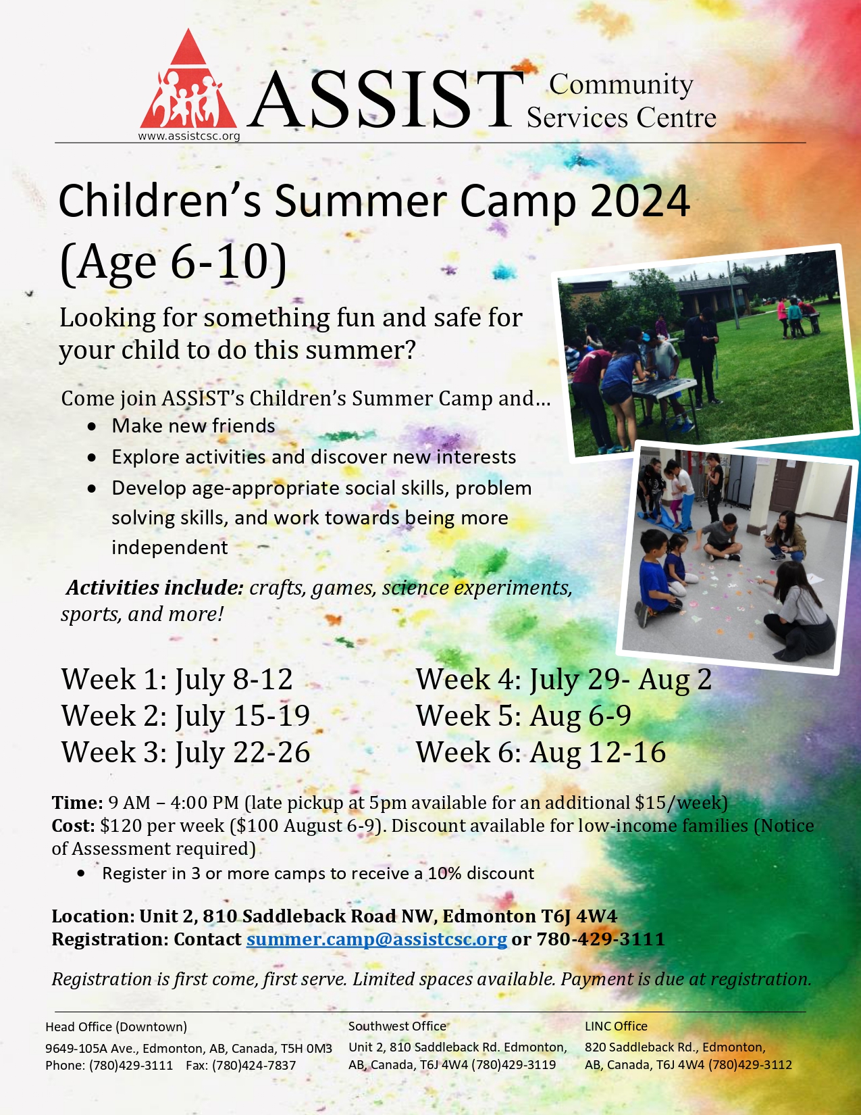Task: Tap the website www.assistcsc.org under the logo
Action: (188, 137)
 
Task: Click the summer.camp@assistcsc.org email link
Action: (376, 939)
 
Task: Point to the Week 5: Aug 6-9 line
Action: (523, 715)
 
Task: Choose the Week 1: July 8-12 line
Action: (177, 679)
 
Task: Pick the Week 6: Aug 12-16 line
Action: (540, 752)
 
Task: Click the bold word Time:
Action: (78, 803)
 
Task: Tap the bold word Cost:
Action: (74, 826)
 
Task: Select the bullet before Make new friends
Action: (92, 426)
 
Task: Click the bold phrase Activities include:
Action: (155, 587)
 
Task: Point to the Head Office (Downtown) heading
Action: (116, 1026)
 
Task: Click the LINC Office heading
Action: (616, 1026)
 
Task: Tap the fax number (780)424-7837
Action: (240, 1065)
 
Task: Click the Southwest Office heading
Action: (398, 1026)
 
